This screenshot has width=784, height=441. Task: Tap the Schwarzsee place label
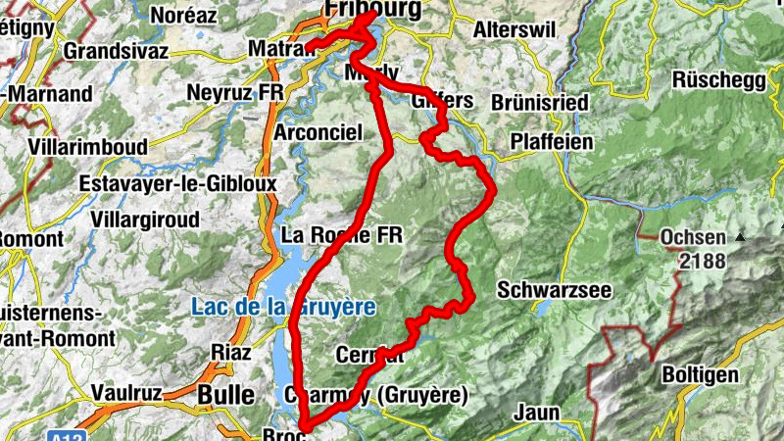click(x=554, y=290)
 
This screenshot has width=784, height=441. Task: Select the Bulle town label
click(x=226, y=394)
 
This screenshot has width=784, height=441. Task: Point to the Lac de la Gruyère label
click(x=283, y=307)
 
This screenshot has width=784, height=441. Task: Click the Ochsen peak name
click(x=693, y=237)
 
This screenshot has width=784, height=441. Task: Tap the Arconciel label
click(x=319, y=131)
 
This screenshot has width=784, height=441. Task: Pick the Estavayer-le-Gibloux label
click(x=178, y=183)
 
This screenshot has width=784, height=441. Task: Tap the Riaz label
click(x=232, y=352)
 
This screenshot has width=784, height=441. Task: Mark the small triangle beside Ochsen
click(x=741, y=236)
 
